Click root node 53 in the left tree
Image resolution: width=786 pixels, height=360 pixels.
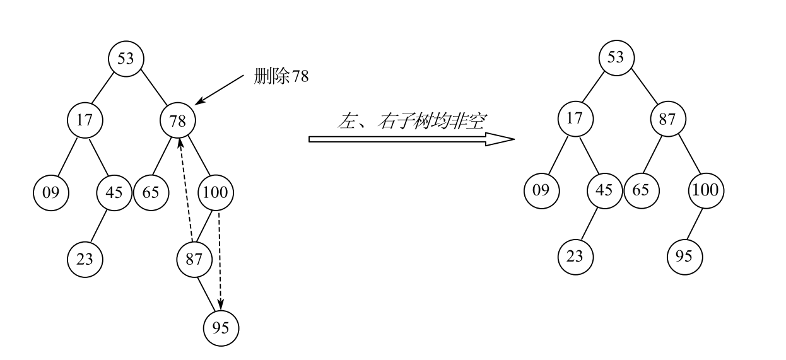126,59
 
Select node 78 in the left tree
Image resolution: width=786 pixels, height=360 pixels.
178,120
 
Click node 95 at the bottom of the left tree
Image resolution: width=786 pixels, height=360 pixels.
221,327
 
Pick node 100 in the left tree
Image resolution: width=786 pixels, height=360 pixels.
216,192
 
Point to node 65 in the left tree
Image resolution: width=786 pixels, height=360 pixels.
151,192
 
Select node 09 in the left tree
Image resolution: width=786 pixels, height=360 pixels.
51,192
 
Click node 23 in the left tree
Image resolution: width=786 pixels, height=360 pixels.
85,258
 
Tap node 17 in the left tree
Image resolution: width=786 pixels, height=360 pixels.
85,120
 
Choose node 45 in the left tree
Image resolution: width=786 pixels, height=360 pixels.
114,192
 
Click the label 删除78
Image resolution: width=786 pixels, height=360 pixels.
281,77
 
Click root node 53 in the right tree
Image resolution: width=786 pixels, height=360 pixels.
616,57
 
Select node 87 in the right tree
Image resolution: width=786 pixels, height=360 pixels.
668,119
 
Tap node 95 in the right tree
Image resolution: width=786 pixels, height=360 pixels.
684,256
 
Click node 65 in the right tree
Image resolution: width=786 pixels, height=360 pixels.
640,190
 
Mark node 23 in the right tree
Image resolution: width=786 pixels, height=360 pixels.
575,256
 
